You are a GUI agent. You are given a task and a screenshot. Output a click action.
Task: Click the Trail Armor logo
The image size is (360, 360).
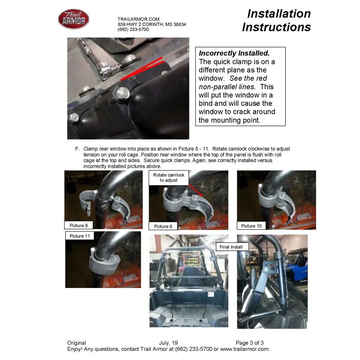(73, 19)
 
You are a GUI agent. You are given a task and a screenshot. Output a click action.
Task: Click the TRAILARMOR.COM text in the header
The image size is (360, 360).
(139, 19)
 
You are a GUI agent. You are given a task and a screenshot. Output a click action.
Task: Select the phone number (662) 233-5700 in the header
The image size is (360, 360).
(133, 30)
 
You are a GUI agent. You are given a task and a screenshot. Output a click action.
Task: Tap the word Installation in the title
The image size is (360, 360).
(279, 14)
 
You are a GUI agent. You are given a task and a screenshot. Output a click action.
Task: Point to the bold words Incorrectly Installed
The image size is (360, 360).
(234, 53)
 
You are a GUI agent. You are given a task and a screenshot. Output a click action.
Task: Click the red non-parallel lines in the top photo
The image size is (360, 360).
(142, 68)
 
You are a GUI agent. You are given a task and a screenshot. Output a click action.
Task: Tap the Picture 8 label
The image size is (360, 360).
(78, 225)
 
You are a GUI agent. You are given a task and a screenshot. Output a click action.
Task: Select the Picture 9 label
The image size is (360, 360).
(163, 226)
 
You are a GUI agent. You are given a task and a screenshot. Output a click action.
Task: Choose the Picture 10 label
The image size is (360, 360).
(251, 226)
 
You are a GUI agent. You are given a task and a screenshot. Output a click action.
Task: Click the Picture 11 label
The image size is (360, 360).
(80, 236)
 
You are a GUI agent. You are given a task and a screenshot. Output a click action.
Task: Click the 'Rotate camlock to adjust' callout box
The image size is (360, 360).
(169, 178)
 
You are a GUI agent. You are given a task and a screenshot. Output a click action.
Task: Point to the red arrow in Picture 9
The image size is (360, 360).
(195, 190)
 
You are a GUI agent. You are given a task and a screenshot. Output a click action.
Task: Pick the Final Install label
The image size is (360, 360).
(231, 247)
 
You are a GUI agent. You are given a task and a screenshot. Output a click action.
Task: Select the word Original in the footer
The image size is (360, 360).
(76, 343)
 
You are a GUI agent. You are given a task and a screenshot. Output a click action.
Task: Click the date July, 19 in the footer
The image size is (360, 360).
(168, 343)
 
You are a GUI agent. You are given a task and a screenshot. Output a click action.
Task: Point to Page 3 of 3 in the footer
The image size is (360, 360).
(249, 343)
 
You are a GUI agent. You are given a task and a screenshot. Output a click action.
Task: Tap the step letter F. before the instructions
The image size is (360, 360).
(77, 149)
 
